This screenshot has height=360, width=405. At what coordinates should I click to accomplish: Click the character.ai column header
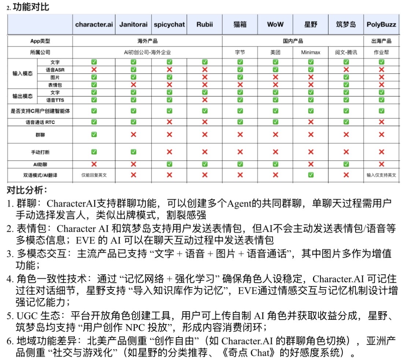[94, 25]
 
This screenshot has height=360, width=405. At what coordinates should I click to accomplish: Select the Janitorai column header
[133, 25]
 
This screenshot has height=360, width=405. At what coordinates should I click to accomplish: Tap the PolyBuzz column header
[381, 25]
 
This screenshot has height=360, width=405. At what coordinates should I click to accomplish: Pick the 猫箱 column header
[240, 25]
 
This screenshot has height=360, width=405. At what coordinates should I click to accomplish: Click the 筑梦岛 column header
[346, 25]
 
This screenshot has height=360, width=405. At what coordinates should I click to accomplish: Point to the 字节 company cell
[240, 52]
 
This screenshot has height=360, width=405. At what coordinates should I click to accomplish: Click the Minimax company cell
[311, 52]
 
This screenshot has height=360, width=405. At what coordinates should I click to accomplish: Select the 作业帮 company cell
[381, 52]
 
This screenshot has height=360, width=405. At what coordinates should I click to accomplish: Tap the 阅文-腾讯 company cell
[346, 52]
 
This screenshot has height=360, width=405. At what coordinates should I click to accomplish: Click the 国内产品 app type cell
[293, 41]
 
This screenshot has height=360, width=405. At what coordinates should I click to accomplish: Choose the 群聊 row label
[40, 135]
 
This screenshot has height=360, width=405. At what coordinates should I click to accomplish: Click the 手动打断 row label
[40, 152]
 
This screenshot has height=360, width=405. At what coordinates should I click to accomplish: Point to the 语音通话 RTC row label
[40, 122]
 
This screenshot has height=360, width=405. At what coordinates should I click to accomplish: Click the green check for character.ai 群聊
[94, 135]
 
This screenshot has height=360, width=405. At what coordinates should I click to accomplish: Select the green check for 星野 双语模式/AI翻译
[311, 175]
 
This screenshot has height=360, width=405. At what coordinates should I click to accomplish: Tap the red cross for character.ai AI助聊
[94, 164]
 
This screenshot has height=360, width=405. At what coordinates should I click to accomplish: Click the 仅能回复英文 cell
[94, 175]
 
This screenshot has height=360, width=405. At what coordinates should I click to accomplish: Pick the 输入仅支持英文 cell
[381, 175]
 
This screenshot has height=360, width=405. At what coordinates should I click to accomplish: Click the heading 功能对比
[31, 7]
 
